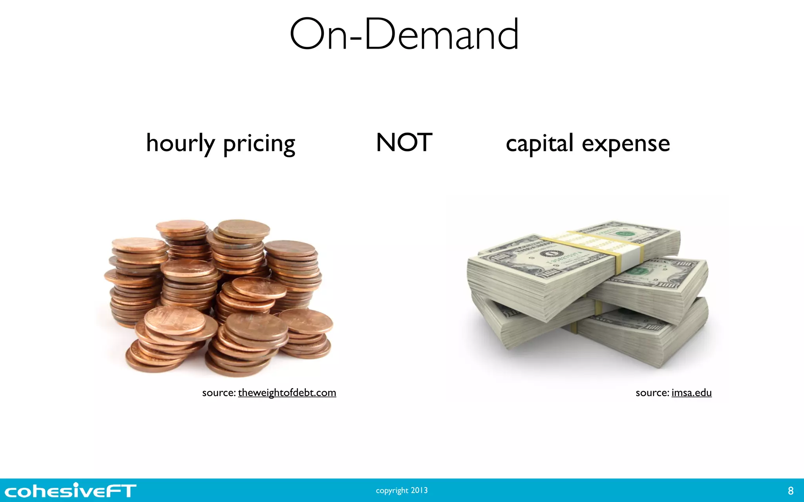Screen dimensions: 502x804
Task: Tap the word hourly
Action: click(x=180, y=144)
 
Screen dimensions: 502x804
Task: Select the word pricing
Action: click(x=259, y=144)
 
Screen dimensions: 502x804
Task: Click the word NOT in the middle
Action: click(x=404, y=142)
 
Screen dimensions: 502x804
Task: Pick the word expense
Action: click(x=626, y=144)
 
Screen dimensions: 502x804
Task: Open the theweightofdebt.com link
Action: click(x=287, y=393)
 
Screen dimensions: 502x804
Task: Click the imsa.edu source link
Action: click(x=691, y=393)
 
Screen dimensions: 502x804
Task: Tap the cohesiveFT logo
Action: click(x=70, y=491)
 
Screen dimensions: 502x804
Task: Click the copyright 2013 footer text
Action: click(x=402, y=490)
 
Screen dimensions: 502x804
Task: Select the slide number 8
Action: click(x=791, y=491)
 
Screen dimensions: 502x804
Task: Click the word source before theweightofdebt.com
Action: click(x=219, y=393)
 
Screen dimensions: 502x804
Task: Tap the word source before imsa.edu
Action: click(x=652, y=393)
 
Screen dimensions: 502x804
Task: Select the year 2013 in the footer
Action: click(x=419, y=490)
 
